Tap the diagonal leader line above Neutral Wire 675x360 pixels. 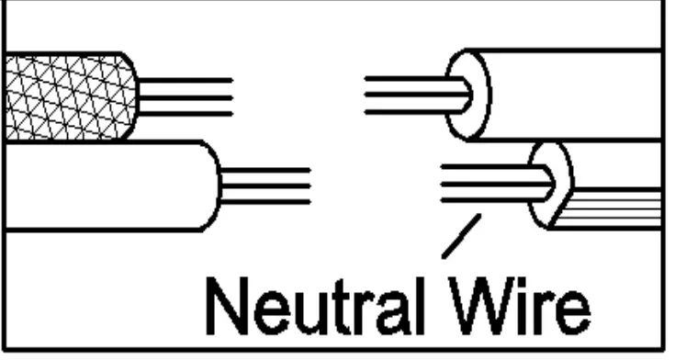(462, 235)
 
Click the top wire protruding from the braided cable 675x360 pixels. (184, 81)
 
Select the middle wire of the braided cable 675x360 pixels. (184, 96)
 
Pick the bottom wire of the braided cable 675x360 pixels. (184, 113)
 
